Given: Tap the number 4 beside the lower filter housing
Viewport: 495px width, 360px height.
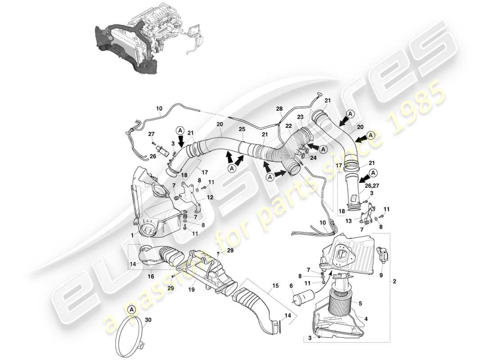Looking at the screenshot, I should click(x=366, y=319).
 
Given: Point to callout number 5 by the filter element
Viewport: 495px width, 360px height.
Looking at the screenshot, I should click(x=360, y=304).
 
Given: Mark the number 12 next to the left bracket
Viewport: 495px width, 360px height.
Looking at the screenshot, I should click(x=209, y=197).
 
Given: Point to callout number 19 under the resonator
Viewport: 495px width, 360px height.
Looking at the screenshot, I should click(x=191, y=290).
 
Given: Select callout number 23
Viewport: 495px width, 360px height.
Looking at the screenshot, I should click(x=300, y=117).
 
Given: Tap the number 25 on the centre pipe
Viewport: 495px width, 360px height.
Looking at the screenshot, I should click(x=242, y=130).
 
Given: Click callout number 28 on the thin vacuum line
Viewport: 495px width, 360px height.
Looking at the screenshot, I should click(x=279, y=109).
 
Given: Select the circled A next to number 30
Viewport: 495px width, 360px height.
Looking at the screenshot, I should click(x=131, y=309).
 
